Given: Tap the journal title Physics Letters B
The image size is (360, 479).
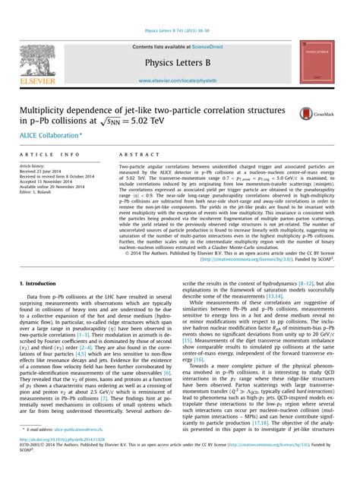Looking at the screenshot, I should (x=179, y=61).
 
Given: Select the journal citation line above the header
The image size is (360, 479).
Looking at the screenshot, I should (x=179, y=30).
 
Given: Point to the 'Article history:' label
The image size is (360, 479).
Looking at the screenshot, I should (x=35, y=165).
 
